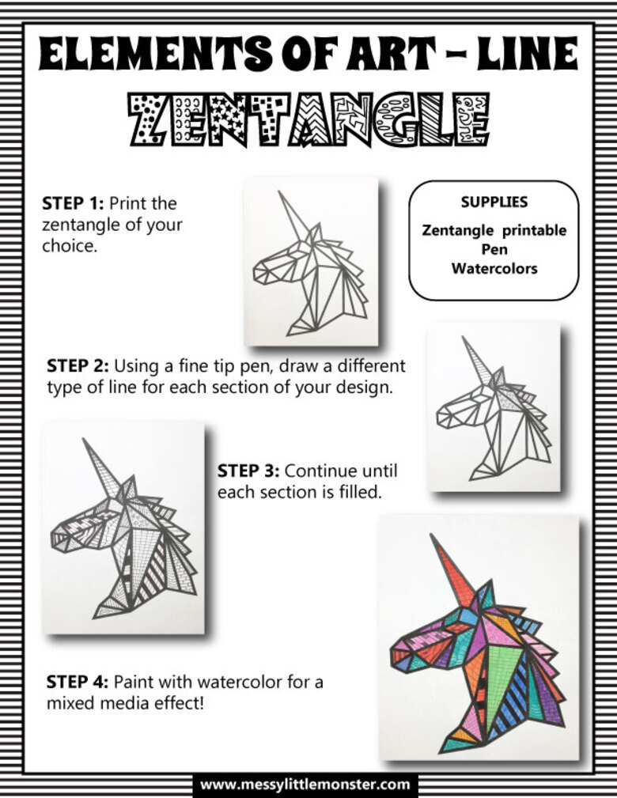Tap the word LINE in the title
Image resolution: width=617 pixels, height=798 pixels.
[528, 54]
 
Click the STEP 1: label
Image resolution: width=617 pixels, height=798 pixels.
[73, 203]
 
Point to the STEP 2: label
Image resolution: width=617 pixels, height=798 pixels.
[78, 366]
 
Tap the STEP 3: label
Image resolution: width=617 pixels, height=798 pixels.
[248, 471]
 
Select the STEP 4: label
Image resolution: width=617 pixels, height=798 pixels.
[78, 682]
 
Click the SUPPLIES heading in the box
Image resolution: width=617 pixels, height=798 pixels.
[494, 202]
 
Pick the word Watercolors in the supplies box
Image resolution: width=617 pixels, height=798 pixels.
[494, 268]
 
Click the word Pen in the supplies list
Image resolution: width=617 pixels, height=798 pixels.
[495, 249]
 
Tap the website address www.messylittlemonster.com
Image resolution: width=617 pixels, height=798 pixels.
[305, 784]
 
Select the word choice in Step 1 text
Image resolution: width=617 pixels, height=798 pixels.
[69, 246]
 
